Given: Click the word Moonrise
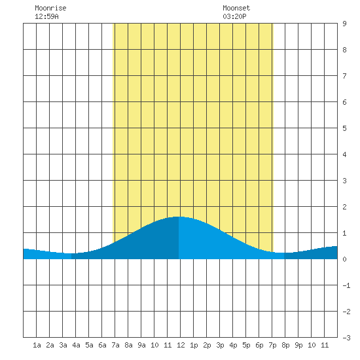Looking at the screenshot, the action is pyautogui.click(x=50, y=9).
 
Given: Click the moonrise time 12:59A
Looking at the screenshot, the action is pyautogui.click(x=46, y=16).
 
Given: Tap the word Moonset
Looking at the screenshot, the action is pyautogui.click(x=236, y=9).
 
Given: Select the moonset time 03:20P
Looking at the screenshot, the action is pyautogui.click(x=234, y=16).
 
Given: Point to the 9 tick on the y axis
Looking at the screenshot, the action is pyautogui.click(x=344, y=24).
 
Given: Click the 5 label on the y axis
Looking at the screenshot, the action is pyautogui.click(x=344, y=128).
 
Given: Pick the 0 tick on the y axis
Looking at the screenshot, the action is pyautogui.click(x=344, y=259).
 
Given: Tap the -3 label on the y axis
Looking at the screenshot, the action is pyautogui.click(x=346, y=338).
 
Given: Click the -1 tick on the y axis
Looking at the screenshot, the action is pyautogui.click(x=346, y=285).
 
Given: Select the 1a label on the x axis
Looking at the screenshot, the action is pyautogui.click(x=37, y=345).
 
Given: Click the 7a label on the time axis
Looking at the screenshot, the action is pyautogui.click(x=115, y=345).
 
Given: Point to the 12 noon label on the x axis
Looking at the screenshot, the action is pyautogui.click(x=181, y=345).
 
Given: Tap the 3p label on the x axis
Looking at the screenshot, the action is pyautogui.click(x=220, y=345).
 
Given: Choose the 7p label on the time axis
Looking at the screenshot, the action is pyautogui.click(x=272, y=345).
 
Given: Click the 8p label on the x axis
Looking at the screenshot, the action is pyautogui.click(x=285, y=345).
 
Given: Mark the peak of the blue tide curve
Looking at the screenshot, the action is pyautogui.click(x=179, y=217).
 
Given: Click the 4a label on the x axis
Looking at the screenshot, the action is pyautogui.click(x=76, y=345).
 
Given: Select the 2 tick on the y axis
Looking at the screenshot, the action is pyautogui.click(x=344, y=207).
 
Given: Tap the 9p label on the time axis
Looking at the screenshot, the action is pyautogui.click(x=298, y=345).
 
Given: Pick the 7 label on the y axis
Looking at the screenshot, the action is pyautogui.click(x=344, y=76).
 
